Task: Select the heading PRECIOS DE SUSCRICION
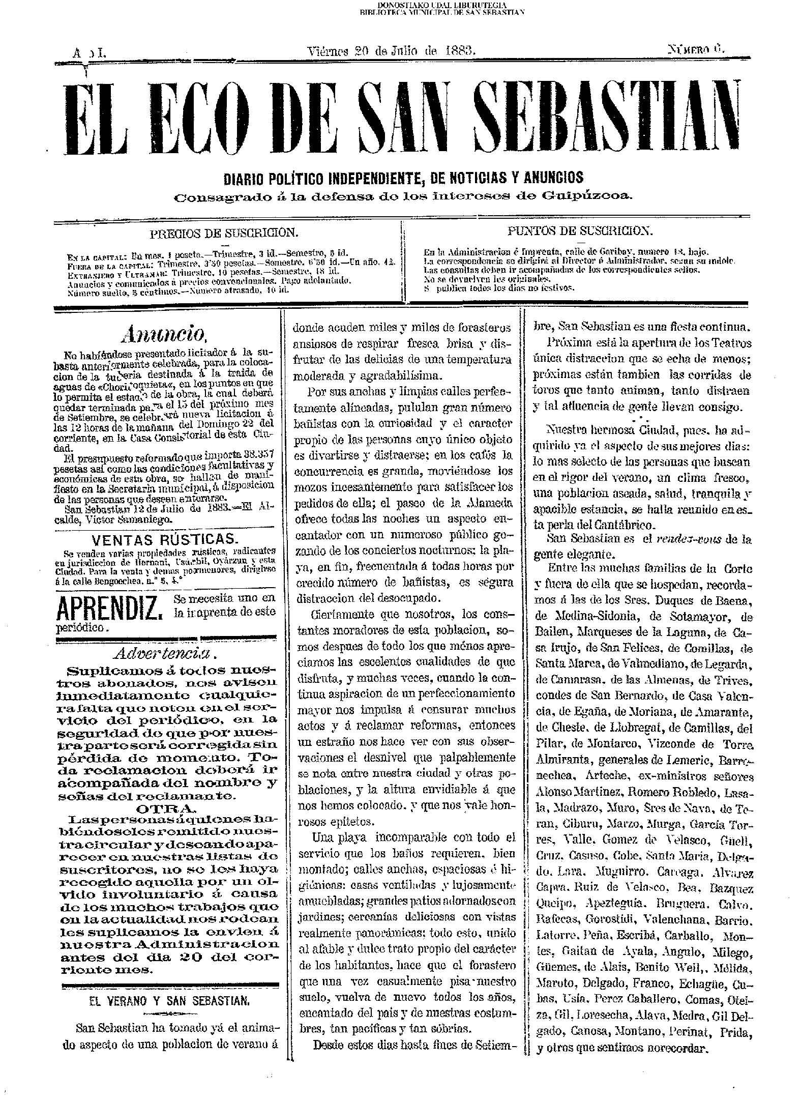pos(223,233)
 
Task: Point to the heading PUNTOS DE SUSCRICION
pos(580,230)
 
